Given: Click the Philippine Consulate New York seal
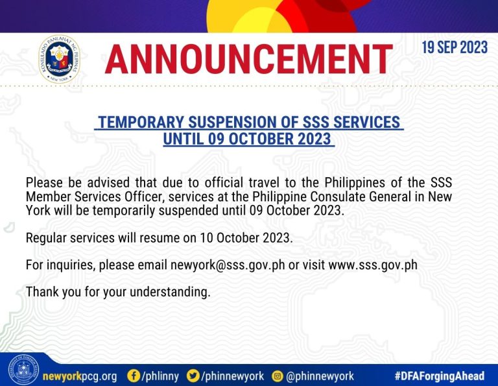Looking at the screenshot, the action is (60, 59).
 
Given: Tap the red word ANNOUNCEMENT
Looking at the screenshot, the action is (249, 59).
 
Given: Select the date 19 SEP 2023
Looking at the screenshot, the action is (455, 47).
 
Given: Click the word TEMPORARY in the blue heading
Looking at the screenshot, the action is (141, 123).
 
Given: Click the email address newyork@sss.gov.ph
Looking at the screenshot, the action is (228, 265).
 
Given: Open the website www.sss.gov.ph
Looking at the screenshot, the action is (373, 265).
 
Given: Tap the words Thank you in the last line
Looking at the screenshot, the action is (53, 292).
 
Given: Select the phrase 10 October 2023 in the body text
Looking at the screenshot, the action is (245, 237).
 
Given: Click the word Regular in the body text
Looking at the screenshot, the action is (46, 238).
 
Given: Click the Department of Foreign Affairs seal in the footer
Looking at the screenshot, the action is (23, 370).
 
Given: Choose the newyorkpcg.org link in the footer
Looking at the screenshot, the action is (80, 376).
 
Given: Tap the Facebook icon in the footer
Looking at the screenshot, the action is (134, 376).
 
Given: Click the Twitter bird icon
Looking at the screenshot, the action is (193, 376).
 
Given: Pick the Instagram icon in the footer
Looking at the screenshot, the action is (278, 376).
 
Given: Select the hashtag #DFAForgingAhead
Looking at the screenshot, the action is (440, 376).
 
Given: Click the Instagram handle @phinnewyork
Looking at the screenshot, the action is (320, 376).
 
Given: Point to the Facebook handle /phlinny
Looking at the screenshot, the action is (160, 376).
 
